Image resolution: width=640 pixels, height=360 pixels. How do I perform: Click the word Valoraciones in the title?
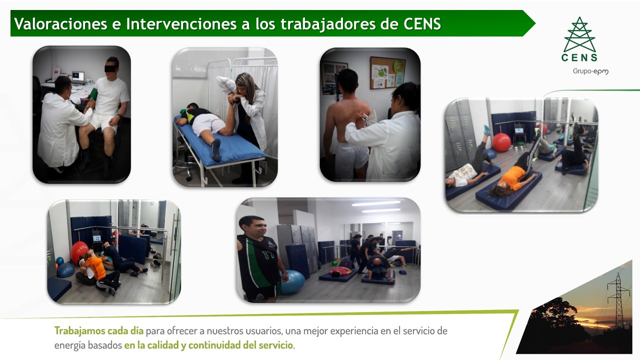(60, 23)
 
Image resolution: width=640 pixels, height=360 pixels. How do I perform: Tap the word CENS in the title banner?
(422, 23)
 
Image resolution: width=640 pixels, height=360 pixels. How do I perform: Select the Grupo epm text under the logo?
(590, 71)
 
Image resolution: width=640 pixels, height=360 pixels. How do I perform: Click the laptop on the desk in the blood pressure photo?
(77, 77)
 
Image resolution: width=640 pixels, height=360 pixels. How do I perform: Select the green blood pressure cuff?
(92, 94)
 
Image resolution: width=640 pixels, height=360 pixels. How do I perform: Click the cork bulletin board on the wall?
(387, 73)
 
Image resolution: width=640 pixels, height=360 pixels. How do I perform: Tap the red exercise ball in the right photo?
(501, 142)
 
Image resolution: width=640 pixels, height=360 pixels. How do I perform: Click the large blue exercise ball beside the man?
(293, 281)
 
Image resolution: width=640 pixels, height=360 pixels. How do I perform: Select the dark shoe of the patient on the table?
(216, 150)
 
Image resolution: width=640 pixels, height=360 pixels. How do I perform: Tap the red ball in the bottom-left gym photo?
(79, 252)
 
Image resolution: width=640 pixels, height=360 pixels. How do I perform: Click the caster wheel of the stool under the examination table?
(189, 178)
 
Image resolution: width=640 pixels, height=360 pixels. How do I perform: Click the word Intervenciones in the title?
(181, 23)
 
